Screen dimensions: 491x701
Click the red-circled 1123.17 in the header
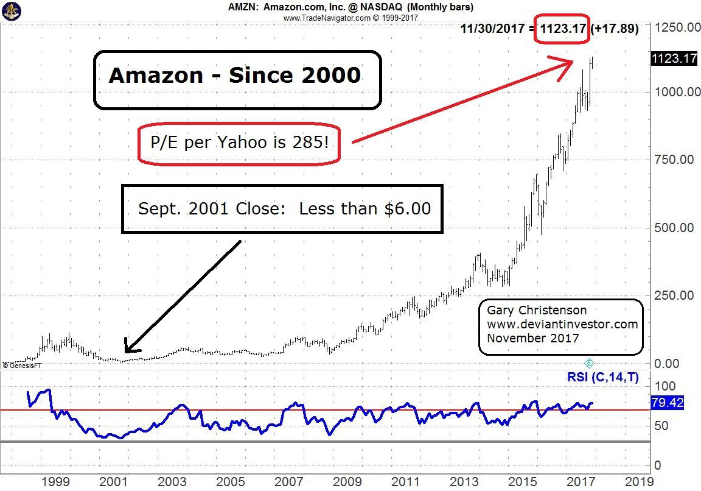click(562, 28)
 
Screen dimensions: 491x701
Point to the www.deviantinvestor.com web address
click(562, 324)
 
